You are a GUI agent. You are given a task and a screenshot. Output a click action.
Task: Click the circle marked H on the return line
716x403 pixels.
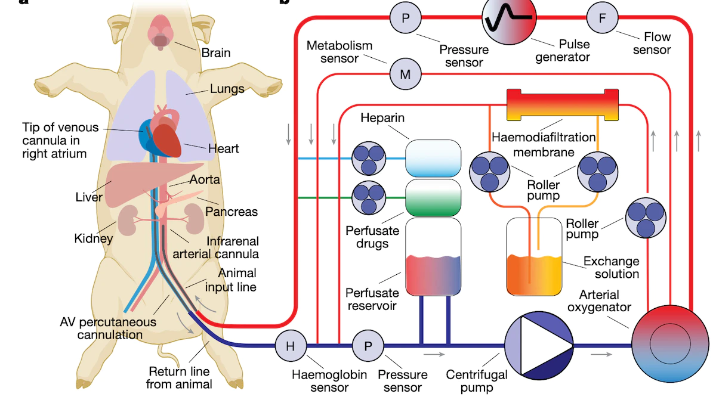point(291,345)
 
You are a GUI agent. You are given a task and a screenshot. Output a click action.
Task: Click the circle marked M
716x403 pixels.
point(405,75)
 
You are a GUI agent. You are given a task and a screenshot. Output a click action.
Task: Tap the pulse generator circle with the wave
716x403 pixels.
point(509,19)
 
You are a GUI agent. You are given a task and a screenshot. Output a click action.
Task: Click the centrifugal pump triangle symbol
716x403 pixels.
point(539,345)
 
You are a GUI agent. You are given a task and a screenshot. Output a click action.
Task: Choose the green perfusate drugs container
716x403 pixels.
point(433,198)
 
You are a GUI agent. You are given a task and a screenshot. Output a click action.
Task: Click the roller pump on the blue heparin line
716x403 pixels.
point(369,158)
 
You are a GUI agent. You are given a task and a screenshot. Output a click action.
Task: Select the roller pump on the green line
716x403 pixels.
point(369,198)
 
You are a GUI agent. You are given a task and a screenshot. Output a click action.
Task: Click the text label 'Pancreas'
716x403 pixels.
point(232,212)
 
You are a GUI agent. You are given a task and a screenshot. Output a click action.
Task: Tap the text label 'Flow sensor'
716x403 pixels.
point(652,43)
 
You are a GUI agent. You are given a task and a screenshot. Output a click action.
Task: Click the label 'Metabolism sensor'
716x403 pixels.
point(340,51)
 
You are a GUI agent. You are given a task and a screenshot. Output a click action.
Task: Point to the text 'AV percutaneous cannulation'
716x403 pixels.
point(108,328)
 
